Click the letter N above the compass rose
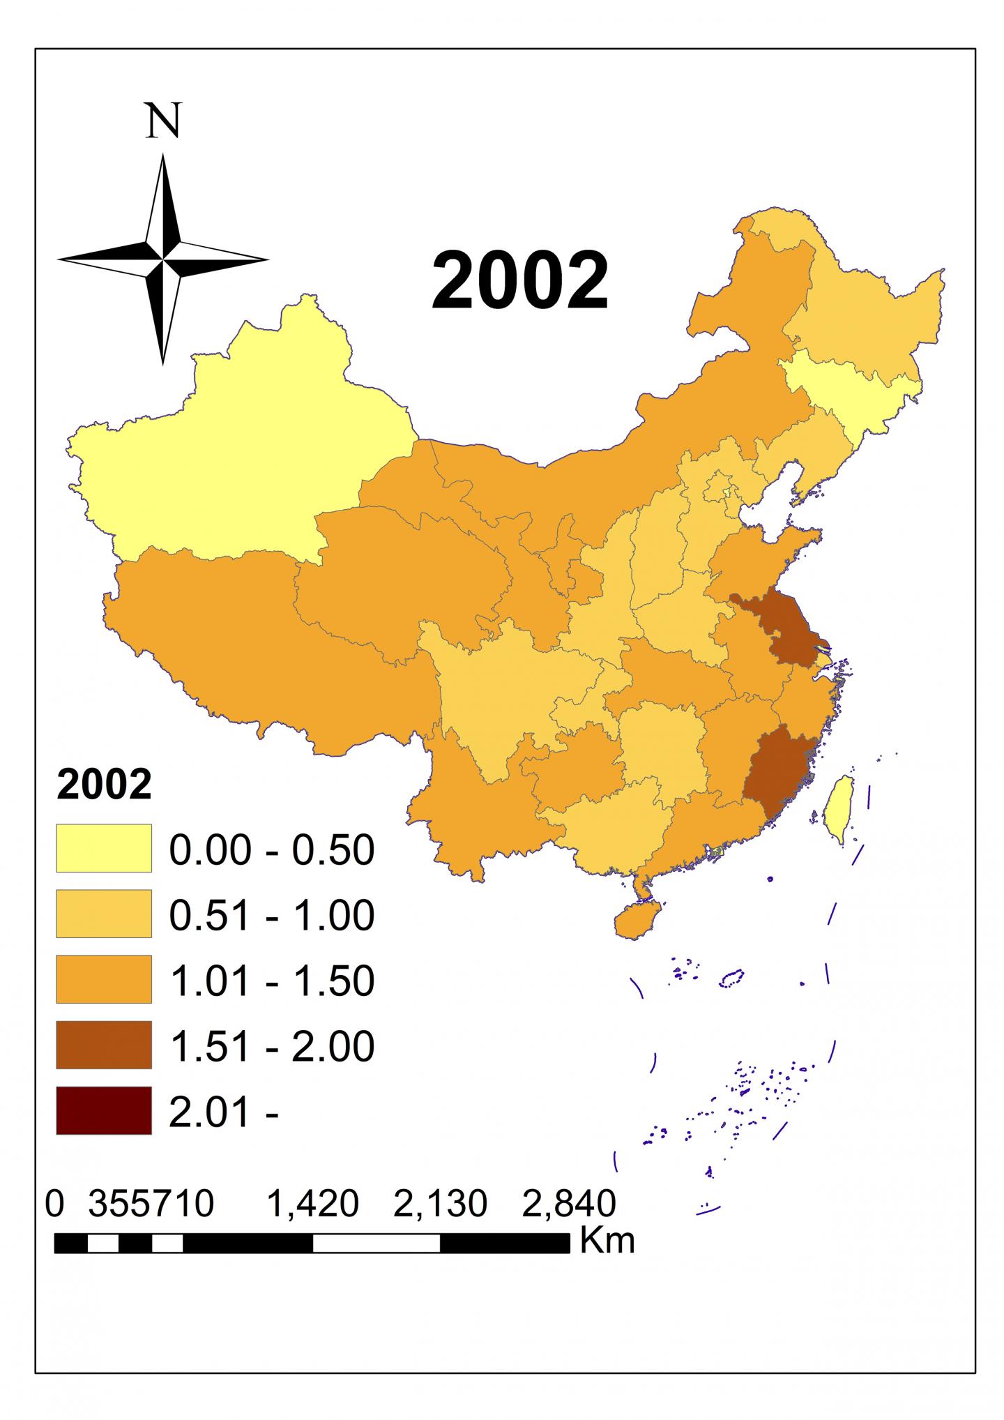coord(163,121)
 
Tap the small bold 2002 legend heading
coord(104,786)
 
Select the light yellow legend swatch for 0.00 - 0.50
coord(104,847)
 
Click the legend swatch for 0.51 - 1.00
coord(104,913)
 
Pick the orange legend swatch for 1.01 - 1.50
coord(104,979)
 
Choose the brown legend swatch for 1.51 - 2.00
coord(104,1044)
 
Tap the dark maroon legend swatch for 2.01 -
coord(104,1110)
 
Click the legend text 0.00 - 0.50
coord(272,849)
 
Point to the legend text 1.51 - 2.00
coord(272,1046)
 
